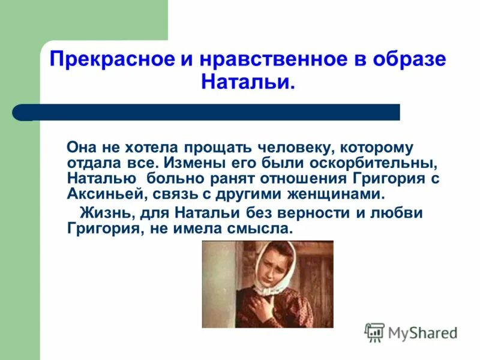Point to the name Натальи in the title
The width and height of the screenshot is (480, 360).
point(247,82)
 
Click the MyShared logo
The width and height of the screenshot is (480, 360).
point(411,332)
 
